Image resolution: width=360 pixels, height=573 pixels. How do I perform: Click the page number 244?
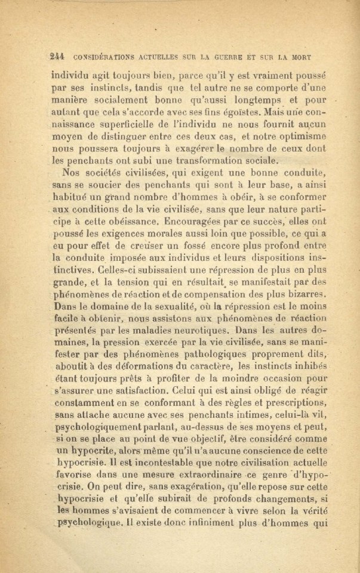pos(58,58)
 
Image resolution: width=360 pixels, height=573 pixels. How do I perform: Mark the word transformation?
pos(204,160)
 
